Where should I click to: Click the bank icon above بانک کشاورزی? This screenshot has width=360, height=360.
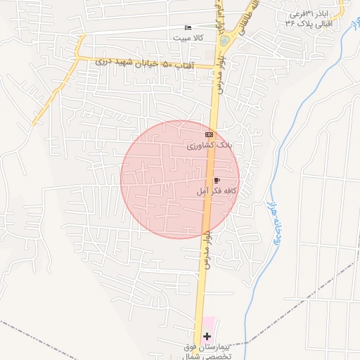(x=209, y=134)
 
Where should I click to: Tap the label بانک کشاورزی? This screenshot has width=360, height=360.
(x=209, y=145)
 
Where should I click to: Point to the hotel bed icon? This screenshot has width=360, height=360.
(x=187, y=28)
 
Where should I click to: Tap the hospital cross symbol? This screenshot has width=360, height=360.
(x=207, y=337)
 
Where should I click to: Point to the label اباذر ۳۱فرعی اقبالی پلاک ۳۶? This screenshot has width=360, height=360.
(x=311, y=18)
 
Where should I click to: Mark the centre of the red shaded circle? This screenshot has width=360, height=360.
(x=180, y=179)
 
